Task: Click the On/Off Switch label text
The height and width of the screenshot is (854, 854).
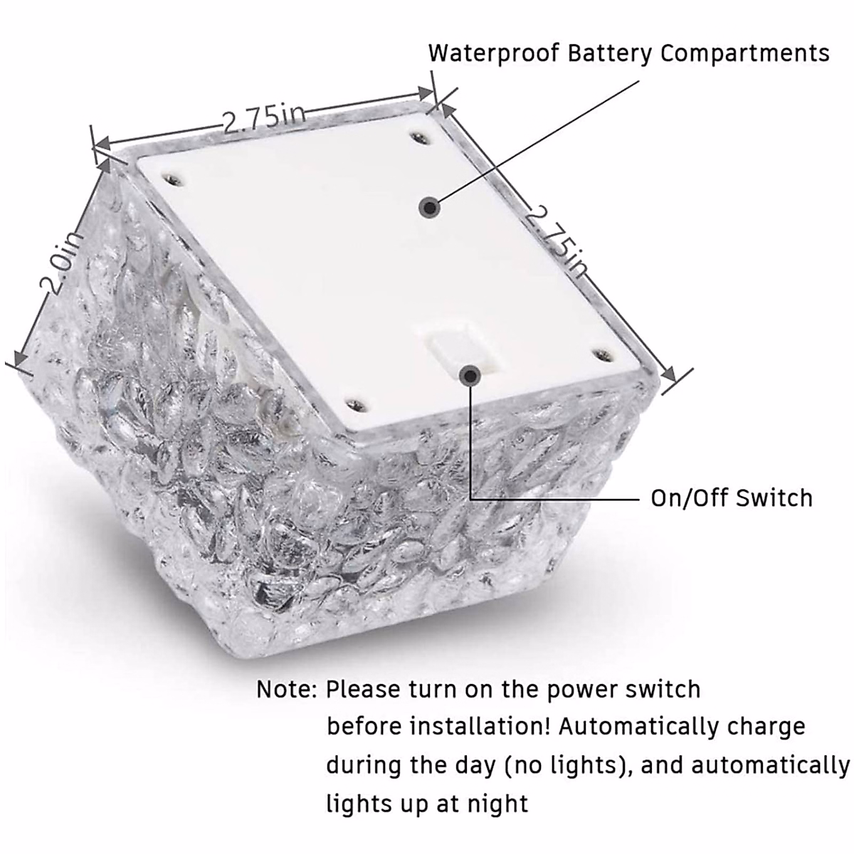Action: tap(732, 497)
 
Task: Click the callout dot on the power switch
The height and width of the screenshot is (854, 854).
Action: tap(468, 375)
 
